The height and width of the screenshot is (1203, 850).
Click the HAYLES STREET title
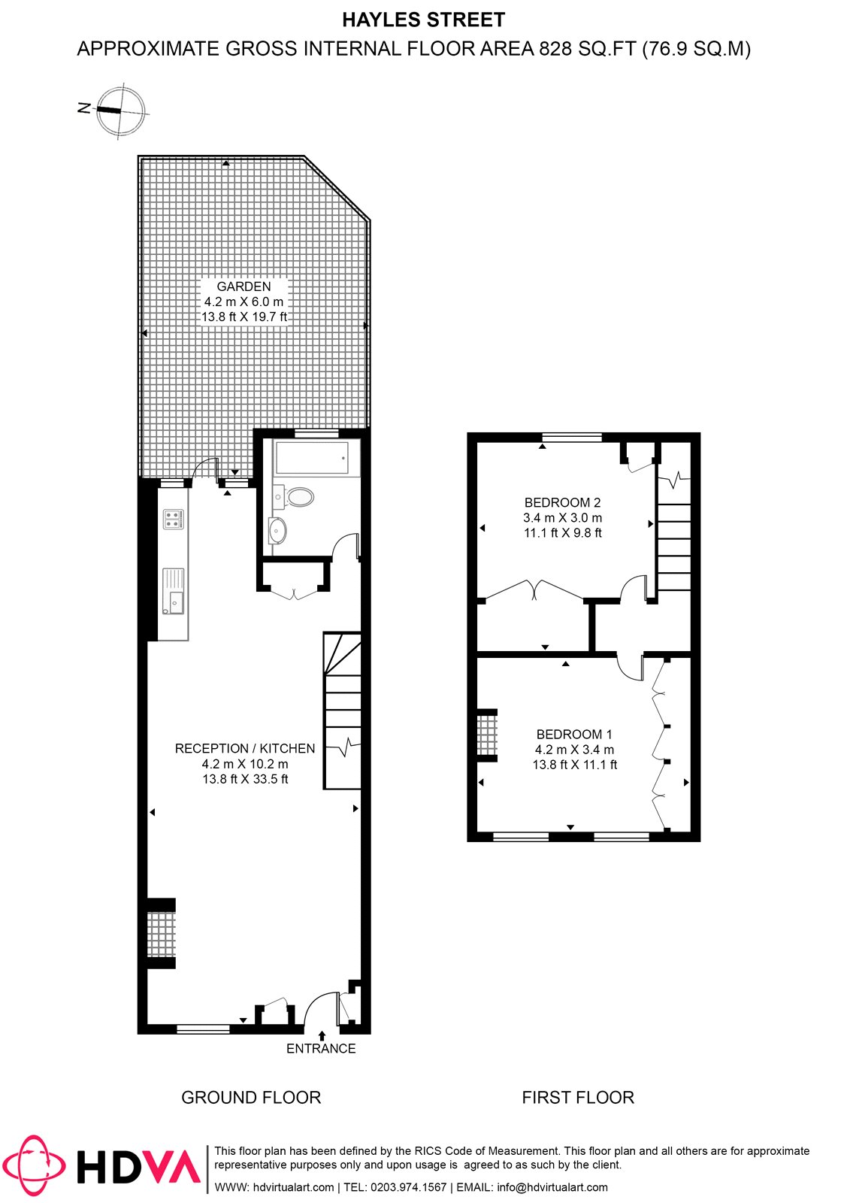coord(424,20)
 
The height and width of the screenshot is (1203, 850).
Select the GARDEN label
coord(244,286)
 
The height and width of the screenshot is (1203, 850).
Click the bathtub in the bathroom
coord(312,458)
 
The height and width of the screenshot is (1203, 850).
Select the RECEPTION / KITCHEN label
coord(245,749)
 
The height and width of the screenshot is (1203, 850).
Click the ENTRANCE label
coord(321,1048)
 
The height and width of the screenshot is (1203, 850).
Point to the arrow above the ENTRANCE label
coord(322,1035)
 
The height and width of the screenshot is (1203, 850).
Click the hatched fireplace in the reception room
coord(161,935)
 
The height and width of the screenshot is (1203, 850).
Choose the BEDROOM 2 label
coord(562,502)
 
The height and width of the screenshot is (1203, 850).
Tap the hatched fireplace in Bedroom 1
coord(487,735)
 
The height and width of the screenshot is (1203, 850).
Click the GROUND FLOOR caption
coord(251,1098)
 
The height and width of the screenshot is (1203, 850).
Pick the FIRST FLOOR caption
coord(578,1098)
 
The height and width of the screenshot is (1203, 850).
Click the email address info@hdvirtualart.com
coord(552,1187)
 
